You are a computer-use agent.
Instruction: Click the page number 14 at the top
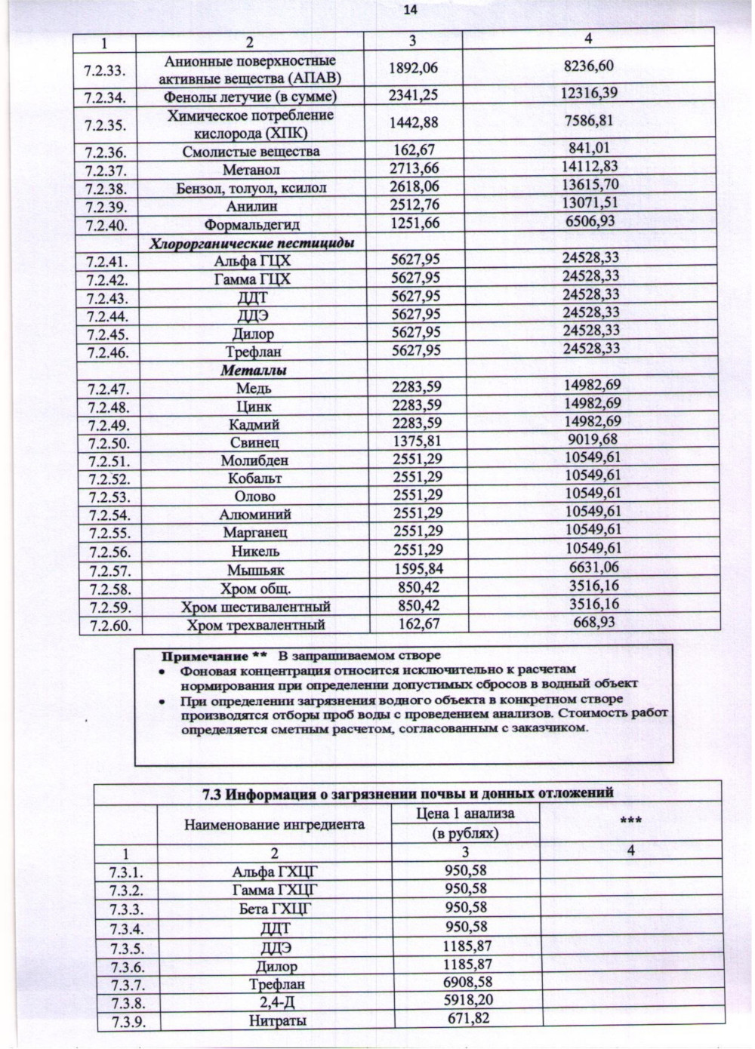coord(410,10)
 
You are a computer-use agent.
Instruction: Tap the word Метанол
coord(251,170)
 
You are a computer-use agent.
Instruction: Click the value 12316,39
coord(590,93)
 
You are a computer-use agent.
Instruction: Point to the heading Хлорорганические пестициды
coord(251,243)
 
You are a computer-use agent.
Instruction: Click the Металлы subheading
coord(253,371)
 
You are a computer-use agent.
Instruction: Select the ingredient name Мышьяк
coord(255,571)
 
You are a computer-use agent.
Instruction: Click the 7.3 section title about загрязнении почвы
coord(408,793)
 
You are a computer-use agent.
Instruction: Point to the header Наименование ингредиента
coord(274,824)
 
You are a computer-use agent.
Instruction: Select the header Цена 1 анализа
coord(465,814)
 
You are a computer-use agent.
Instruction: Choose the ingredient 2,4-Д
coord(276,1003)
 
